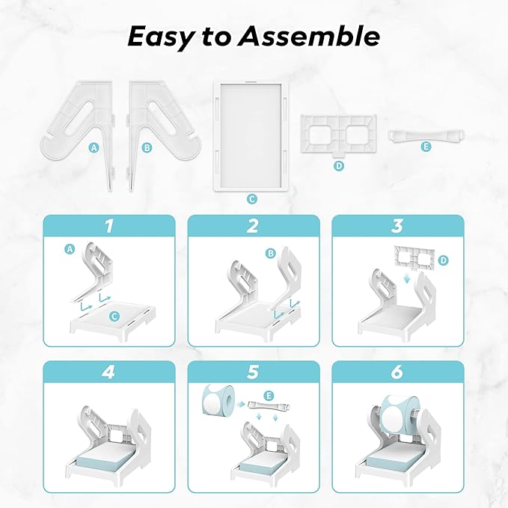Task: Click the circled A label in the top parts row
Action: click(94, 147)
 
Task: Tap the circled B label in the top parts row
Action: click(147, 147)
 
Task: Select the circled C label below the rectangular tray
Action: click(252, 199)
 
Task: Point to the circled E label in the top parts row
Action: click(426, 147)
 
